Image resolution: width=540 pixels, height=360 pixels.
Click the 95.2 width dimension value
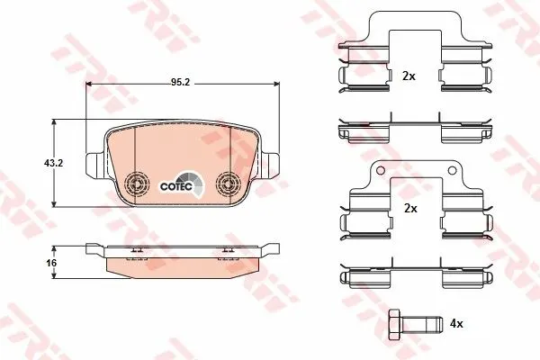point(181,82)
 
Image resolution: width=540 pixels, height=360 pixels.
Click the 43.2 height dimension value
point(53,163)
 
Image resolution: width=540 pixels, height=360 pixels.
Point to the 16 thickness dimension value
point(51,263)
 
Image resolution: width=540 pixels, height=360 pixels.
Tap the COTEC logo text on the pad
point(176,186)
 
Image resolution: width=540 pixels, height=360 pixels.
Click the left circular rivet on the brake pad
point(137,183)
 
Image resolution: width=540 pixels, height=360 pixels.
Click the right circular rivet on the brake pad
point(227,183)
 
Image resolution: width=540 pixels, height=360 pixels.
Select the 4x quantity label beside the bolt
point(456,323)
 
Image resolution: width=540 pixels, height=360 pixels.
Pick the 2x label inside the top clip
point(409,76)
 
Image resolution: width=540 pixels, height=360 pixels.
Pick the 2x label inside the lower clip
point(410,209)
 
